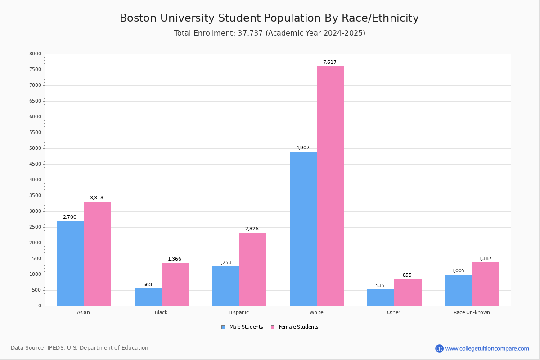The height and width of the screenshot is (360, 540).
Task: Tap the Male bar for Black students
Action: pos(148,297)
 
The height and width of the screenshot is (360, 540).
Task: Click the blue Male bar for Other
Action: pos(381,297)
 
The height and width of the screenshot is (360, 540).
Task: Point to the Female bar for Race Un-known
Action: pos(486,284)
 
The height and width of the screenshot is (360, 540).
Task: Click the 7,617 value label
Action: pos(329,63)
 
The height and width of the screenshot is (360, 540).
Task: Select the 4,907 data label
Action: pos(302,148)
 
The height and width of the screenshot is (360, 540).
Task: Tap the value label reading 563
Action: pos(148,285)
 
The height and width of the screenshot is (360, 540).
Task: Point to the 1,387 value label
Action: pos(485,259)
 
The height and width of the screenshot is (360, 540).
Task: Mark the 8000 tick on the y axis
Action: pos(36,54)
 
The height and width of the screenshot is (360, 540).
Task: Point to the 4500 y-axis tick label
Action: pos(36,164)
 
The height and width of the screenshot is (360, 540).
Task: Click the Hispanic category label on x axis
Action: pos(238,312)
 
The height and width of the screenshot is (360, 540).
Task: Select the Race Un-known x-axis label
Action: pos(472,312)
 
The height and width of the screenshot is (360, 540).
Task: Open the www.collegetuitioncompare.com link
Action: pos(487,348)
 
